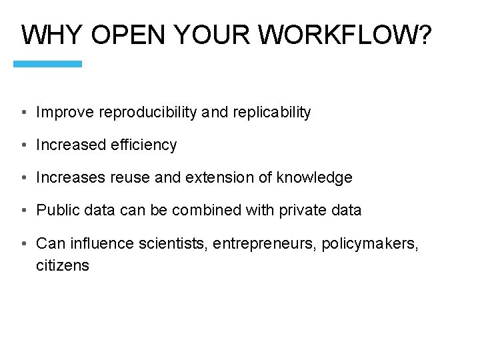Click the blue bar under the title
[x=48, y=64]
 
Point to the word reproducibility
[x=147, y=113]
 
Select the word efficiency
[x=143, y=145]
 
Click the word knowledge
[x=314, y=178]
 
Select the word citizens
[x=63, y=265]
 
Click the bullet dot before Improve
[x=23, y=113]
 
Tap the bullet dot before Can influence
[x=23, y=243]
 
